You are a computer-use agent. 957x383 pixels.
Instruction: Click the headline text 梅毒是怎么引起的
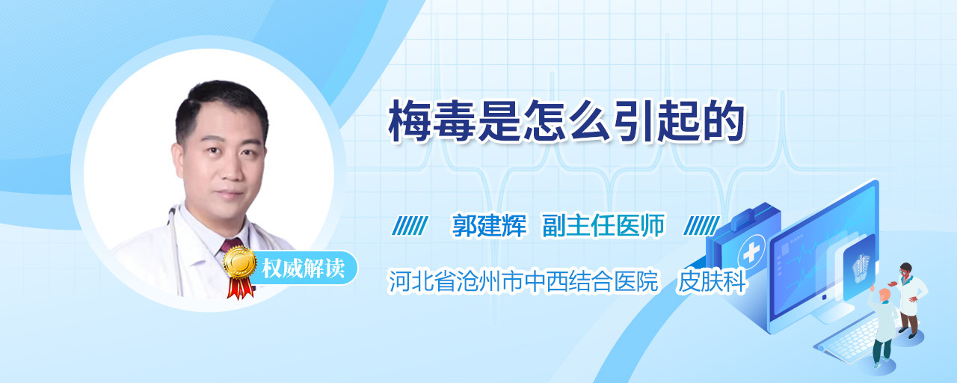(x=567, y=121)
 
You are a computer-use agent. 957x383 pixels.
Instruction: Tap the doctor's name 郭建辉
(x=489, y=225)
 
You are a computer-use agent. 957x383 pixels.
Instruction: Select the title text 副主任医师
(x=603, y=225)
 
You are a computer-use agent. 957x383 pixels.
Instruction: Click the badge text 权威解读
(x=304, y=269)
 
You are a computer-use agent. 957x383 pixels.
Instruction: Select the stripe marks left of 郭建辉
(x=410, y=226)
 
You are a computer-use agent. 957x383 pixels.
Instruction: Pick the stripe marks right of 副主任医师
(x=701, y=226)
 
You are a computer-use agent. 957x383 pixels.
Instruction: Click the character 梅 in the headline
(x=409, y=121)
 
